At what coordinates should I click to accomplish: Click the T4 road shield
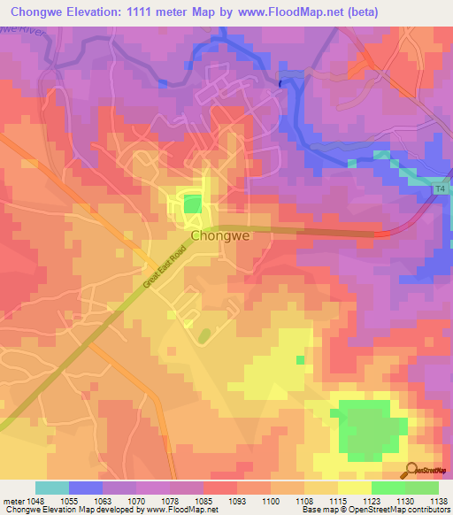click(x=441, y=189)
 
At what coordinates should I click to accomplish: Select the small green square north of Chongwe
click(x=191, y=205)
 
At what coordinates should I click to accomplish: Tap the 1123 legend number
click(x=373, y=500)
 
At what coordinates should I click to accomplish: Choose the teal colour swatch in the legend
click(x=52, y=488)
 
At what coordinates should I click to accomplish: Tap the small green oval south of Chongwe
click(x=204, y=336)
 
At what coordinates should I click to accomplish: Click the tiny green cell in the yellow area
click(x=300, y=359)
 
